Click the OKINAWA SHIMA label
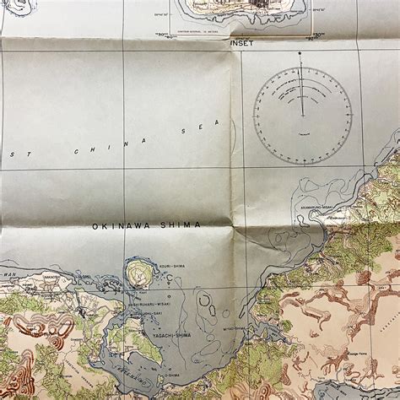click(147, 225)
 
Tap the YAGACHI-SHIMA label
click(171, 335)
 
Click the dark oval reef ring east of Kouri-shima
click(205, 302)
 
